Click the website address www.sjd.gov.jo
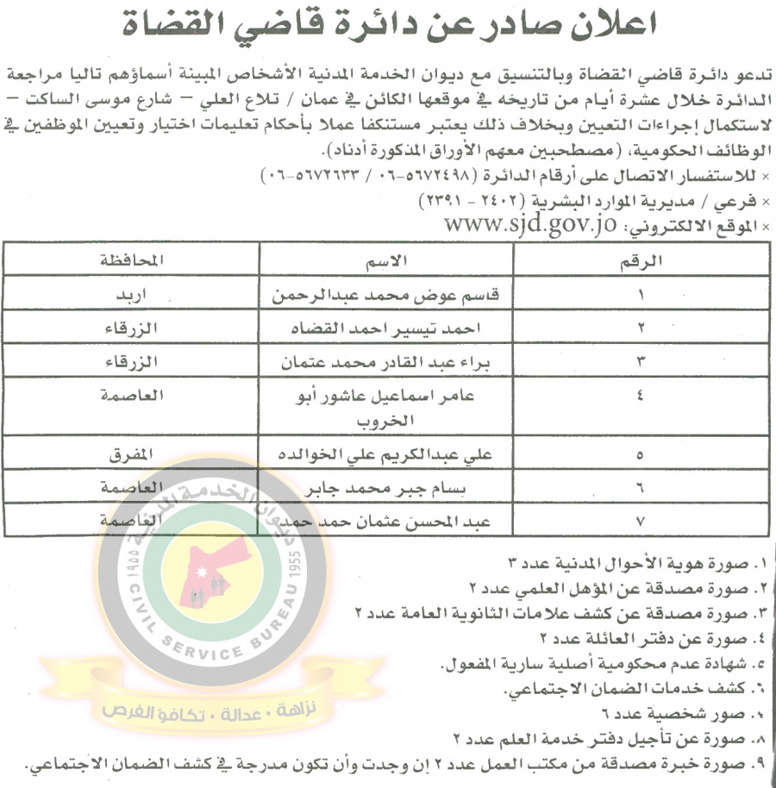[x=530, y=227]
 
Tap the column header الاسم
[x=385, y=260]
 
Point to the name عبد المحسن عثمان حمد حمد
[x=393, y=522]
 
